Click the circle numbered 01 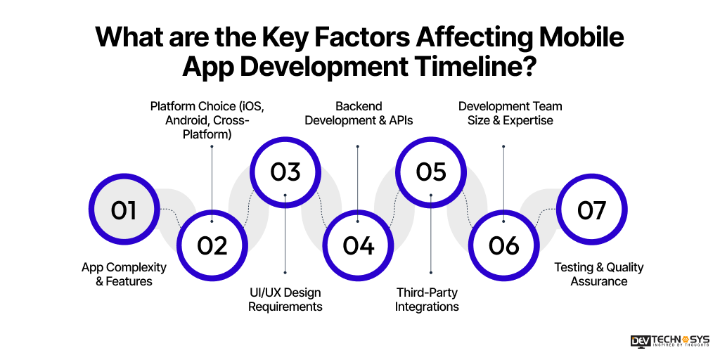(x=124, y=210)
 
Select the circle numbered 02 (x=212, y=245)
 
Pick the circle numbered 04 (x=358, y=245)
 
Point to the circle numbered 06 (x=504, y=245)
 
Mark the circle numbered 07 (x=591, y=210)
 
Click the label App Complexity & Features (x=124, y=274)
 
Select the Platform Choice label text (x=212, y=120)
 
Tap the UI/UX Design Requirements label (x=285, y=300)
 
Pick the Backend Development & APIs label (x=359, y=113)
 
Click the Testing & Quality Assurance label (x=598, y=274)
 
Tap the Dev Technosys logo (x=670, y=341)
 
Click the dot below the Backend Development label (x=358, y=147)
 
